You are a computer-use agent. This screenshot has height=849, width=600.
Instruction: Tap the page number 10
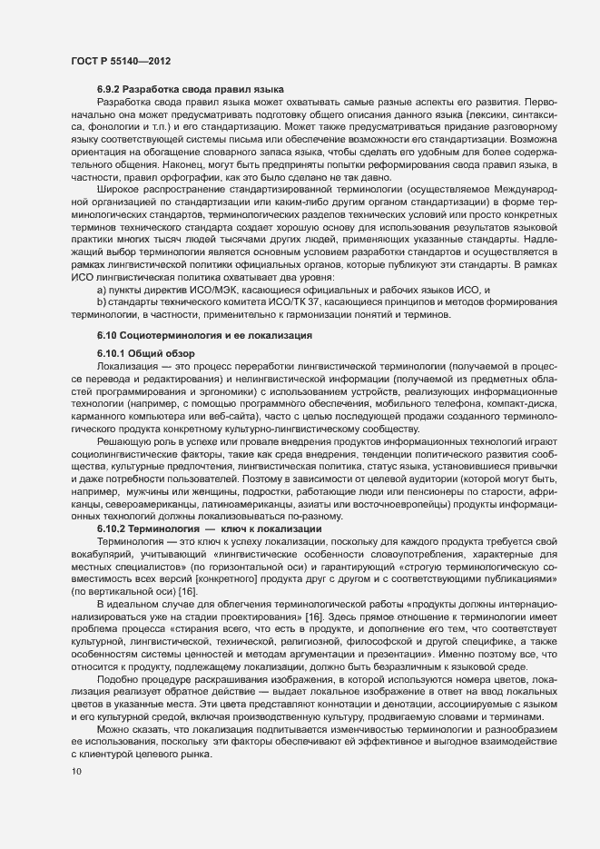point(75,772)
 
